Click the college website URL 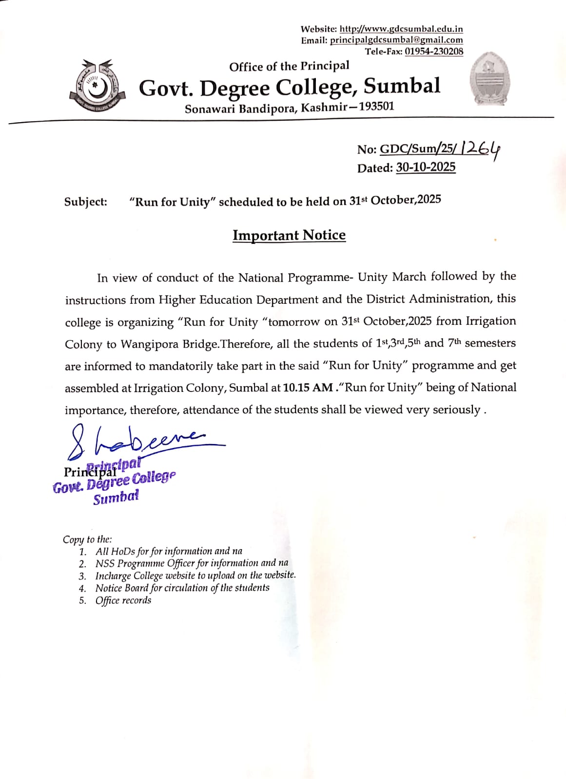(x=401, y=29)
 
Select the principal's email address (x=396, y=40)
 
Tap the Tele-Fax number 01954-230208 (x=434, y=51)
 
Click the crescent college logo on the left (x=98, y=86)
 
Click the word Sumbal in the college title (x=402, y=86)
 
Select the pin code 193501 (x=376, y=106)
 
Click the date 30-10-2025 (x=426, y=167)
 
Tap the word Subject (x=85, y=202)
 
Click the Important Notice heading (x=289, y=235)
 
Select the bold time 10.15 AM (x=308, y=388)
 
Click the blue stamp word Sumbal (x=116, y=498)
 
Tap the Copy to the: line (x=87, y=539)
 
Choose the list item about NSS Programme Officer (x=192, y=563)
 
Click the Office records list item (x=123, y=600)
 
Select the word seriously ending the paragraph (x=456, y=409)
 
